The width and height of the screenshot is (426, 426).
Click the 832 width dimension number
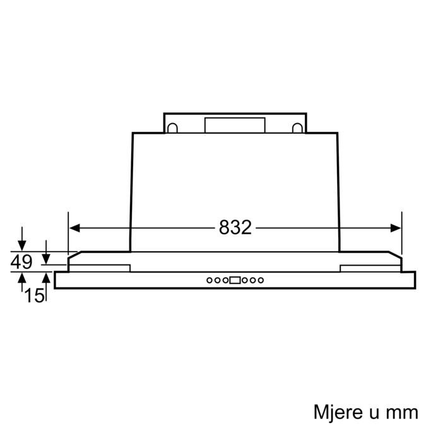tap(235, 228)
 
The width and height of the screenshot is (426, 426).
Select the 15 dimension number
tap(35, 293)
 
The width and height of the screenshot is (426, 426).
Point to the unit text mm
tap(402, 396)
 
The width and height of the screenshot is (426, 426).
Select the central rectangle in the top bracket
tap(234, 125)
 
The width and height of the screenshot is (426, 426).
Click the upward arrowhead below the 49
tap(23, 276)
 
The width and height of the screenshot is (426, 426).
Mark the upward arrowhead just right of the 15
tap(46, 276)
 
